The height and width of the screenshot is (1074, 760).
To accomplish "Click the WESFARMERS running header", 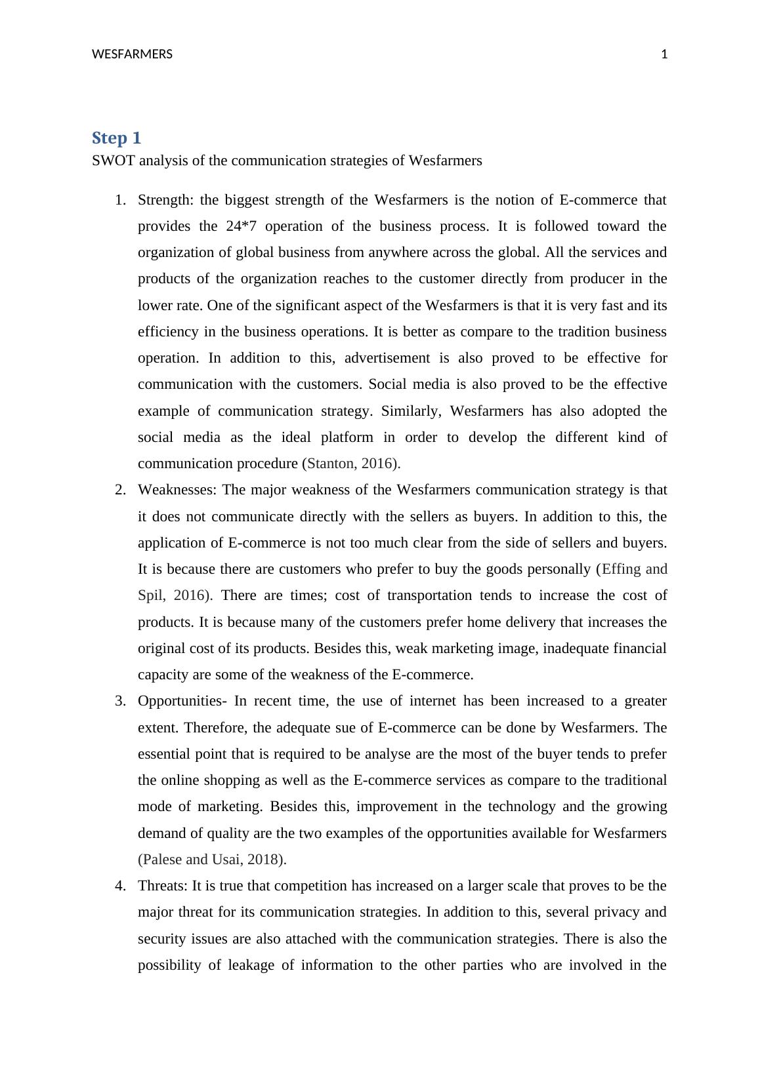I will coord(132,54).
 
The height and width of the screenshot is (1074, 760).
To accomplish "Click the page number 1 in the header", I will coord(664,54).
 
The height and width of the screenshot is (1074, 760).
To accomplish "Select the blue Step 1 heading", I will coord(116,138).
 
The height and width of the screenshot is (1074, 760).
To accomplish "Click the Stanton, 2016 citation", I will coord(350,464).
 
